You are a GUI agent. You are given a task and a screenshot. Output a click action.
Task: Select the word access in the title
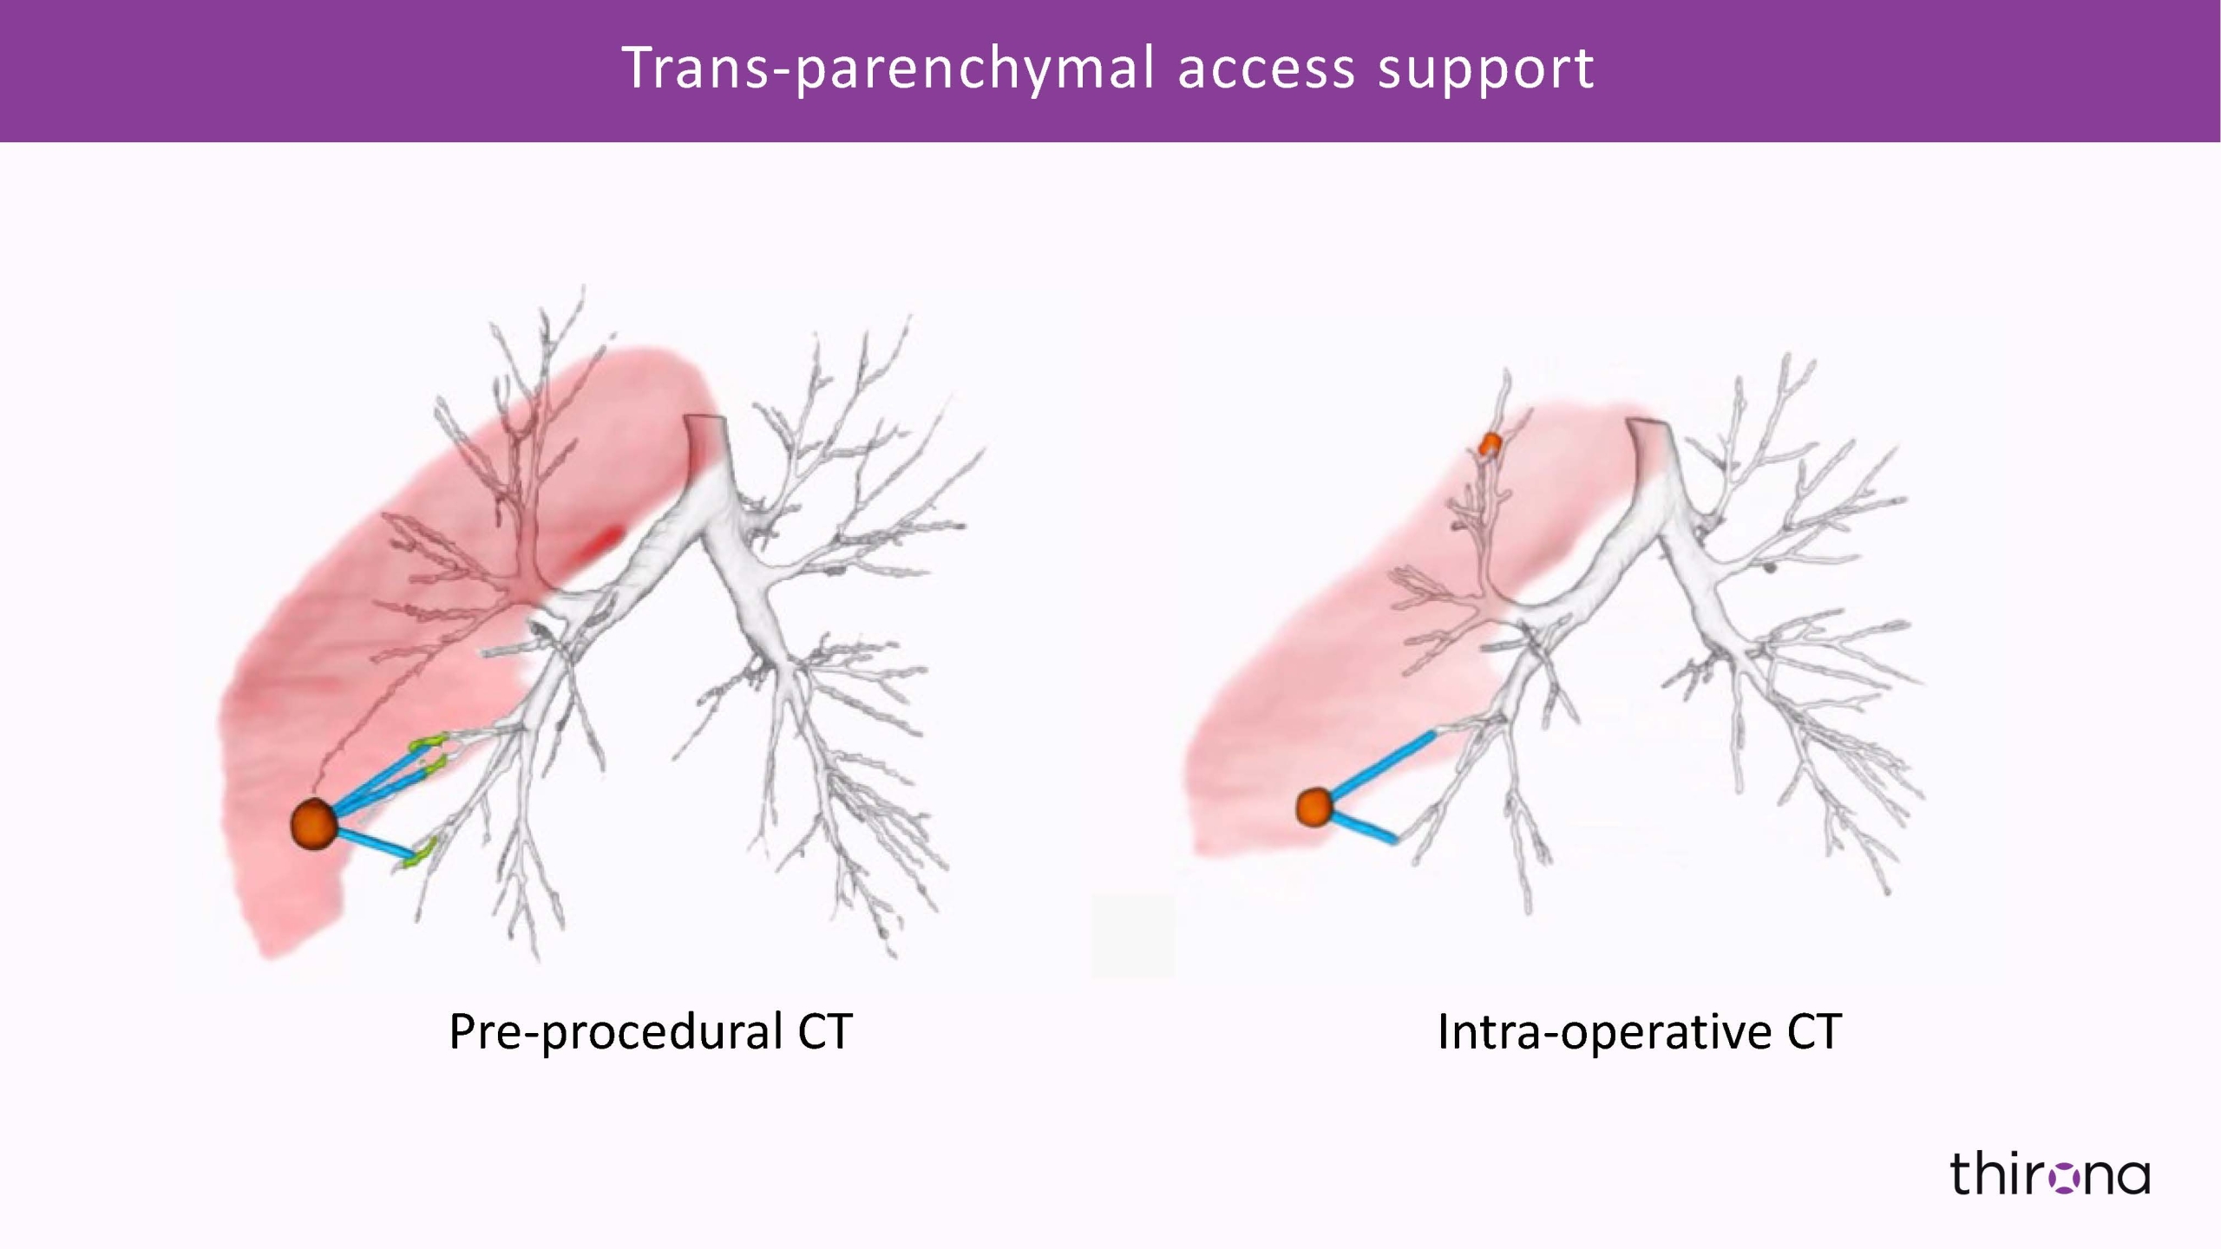(x=1266, y=69)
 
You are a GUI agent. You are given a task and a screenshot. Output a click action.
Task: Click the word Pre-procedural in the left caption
(x=614, y=1032)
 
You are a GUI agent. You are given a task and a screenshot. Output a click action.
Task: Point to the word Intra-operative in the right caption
(x=1603, y=1032)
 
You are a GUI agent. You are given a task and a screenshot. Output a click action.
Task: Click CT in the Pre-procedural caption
(x=824, y=1031)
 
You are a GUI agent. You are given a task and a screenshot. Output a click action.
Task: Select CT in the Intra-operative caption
(x=1813, y=1031)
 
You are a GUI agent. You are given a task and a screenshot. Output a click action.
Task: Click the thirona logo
(x=2049, y=1174)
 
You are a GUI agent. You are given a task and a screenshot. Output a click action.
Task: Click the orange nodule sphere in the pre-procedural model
(x=313, y=823)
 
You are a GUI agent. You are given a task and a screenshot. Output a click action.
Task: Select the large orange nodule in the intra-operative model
(x=1314, y=808)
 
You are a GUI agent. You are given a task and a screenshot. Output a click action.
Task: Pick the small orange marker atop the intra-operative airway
(x=1490, y=444)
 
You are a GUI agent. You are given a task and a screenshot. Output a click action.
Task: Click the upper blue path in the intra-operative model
(x=1383, y=763)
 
